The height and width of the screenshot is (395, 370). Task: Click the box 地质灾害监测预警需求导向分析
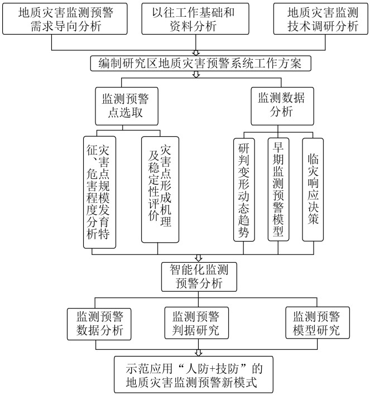[65, 18]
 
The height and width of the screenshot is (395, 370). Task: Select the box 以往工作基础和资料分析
[195, 18]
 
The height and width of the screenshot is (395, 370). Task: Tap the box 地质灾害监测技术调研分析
[321, 18]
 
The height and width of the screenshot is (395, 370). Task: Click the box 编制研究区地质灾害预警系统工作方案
[201, 63]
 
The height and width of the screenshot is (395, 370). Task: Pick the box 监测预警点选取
[127, 106]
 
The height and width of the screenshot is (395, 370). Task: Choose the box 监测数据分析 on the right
[282, 106]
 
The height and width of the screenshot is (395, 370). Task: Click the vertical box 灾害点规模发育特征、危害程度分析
[99, 192]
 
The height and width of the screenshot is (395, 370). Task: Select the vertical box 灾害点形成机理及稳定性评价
[160, 190]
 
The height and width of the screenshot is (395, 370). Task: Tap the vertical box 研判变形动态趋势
[244, 190]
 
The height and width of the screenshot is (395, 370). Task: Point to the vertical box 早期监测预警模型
[278, 189]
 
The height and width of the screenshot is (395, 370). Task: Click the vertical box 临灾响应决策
[313, 190]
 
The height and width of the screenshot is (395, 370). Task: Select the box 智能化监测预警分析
[199, 277]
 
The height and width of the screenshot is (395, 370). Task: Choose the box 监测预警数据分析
[99, 324]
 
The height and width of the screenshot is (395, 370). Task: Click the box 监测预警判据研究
[196, 322]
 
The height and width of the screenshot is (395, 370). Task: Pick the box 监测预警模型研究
[318, 322]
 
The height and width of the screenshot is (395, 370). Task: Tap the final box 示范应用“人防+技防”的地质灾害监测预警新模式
[194, 374]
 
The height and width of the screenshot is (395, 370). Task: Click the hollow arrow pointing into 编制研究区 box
[196, 52]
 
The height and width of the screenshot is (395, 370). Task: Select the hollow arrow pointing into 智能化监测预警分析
[199, 258]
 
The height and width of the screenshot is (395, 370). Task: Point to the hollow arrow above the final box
[199, 353]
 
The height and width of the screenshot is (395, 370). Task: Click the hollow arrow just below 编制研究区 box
[196, 74]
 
